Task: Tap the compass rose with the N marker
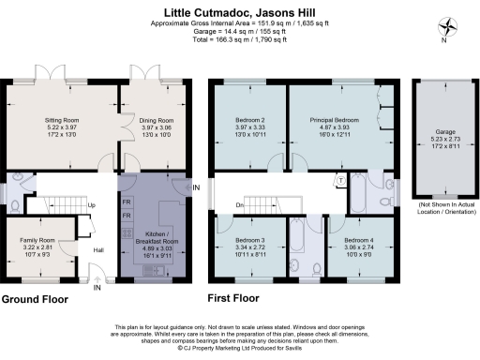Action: (449, 28)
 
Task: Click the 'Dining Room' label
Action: (157, 121)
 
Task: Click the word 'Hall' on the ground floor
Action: (98, 250)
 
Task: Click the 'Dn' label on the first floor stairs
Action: (240, 204)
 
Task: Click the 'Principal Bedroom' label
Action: (335, 121)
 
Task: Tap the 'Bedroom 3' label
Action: (249, 240)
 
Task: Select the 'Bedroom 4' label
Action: (358, 240)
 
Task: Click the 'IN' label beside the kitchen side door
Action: (196, 187)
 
